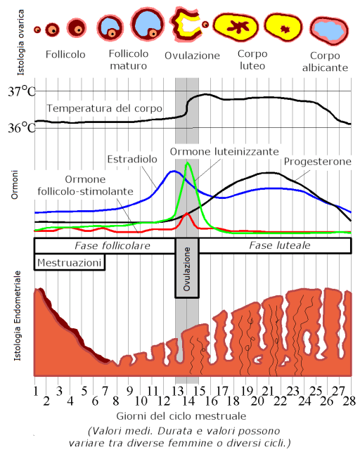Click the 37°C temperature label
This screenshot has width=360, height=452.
pyautogui.click(x=21, y=92)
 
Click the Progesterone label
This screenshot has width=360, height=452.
pyautogui.click(x=317, y=162)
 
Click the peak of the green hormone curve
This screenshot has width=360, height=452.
pyautogui.click(x=187, y=163)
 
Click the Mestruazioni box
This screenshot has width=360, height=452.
pyautogui.click(x=70, y=263)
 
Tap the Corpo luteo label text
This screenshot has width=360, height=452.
pyautogui.click(x=252, y=59)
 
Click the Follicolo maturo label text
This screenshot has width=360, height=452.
pyautogui.click(x=130, y=60)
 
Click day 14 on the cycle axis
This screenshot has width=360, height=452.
pyautogui.click(x=187, y=401)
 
